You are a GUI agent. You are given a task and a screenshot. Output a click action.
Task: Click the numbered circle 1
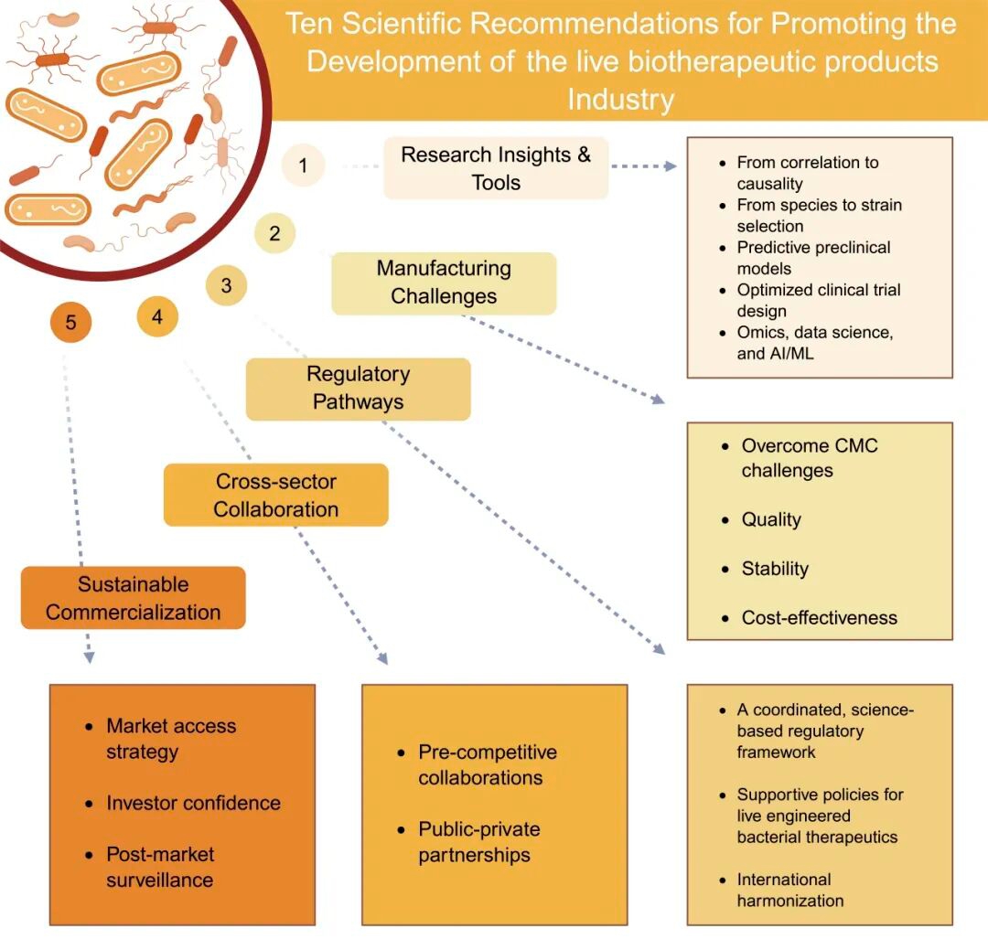(303, 166)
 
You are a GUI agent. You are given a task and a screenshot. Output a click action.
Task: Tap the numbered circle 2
(274, 234)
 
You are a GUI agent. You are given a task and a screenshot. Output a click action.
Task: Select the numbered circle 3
(226, 285)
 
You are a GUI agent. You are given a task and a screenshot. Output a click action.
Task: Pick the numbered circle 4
(157, 317)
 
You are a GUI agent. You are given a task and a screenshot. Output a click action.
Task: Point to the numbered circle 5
(71, 322)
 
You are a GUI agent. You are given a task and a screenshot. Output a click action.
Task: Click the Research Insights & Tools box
(496, 168)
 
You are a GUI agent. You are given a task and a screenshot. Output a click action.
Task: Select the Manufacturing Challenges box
(444, 283)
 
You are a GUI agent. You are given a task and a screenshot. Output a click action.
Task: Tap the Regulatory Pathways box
(358, 388)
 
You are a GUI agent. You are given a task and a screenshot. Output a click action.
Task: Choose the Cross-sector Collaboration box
(275, 496)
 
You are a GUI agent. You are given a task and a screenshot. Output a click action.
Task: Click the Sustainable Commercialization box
(134, 598)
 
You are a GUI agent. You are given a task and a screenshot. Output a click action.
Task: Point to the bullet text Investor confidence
(193, 803)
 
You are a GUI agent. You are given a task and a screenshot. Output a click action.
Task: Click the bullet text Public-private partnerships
(479, 842)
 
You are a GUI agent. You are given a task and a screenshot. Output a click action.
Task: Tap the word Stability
(775, 569)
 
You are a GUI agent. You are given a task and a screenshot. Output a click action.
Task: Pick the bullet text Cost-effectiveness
(819, 617)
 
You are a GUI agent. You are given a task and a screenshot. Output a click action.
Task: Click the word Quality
(771, 519)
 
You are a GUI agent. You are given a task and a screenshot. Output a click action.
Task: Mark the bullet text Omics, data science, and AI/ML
(814, 343)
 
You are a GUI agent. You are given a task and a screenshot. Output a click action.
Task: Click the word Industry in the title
(620, 100)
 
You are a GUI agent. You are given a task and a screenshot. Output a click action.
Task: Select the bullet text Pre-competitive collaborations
(487, 765)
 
